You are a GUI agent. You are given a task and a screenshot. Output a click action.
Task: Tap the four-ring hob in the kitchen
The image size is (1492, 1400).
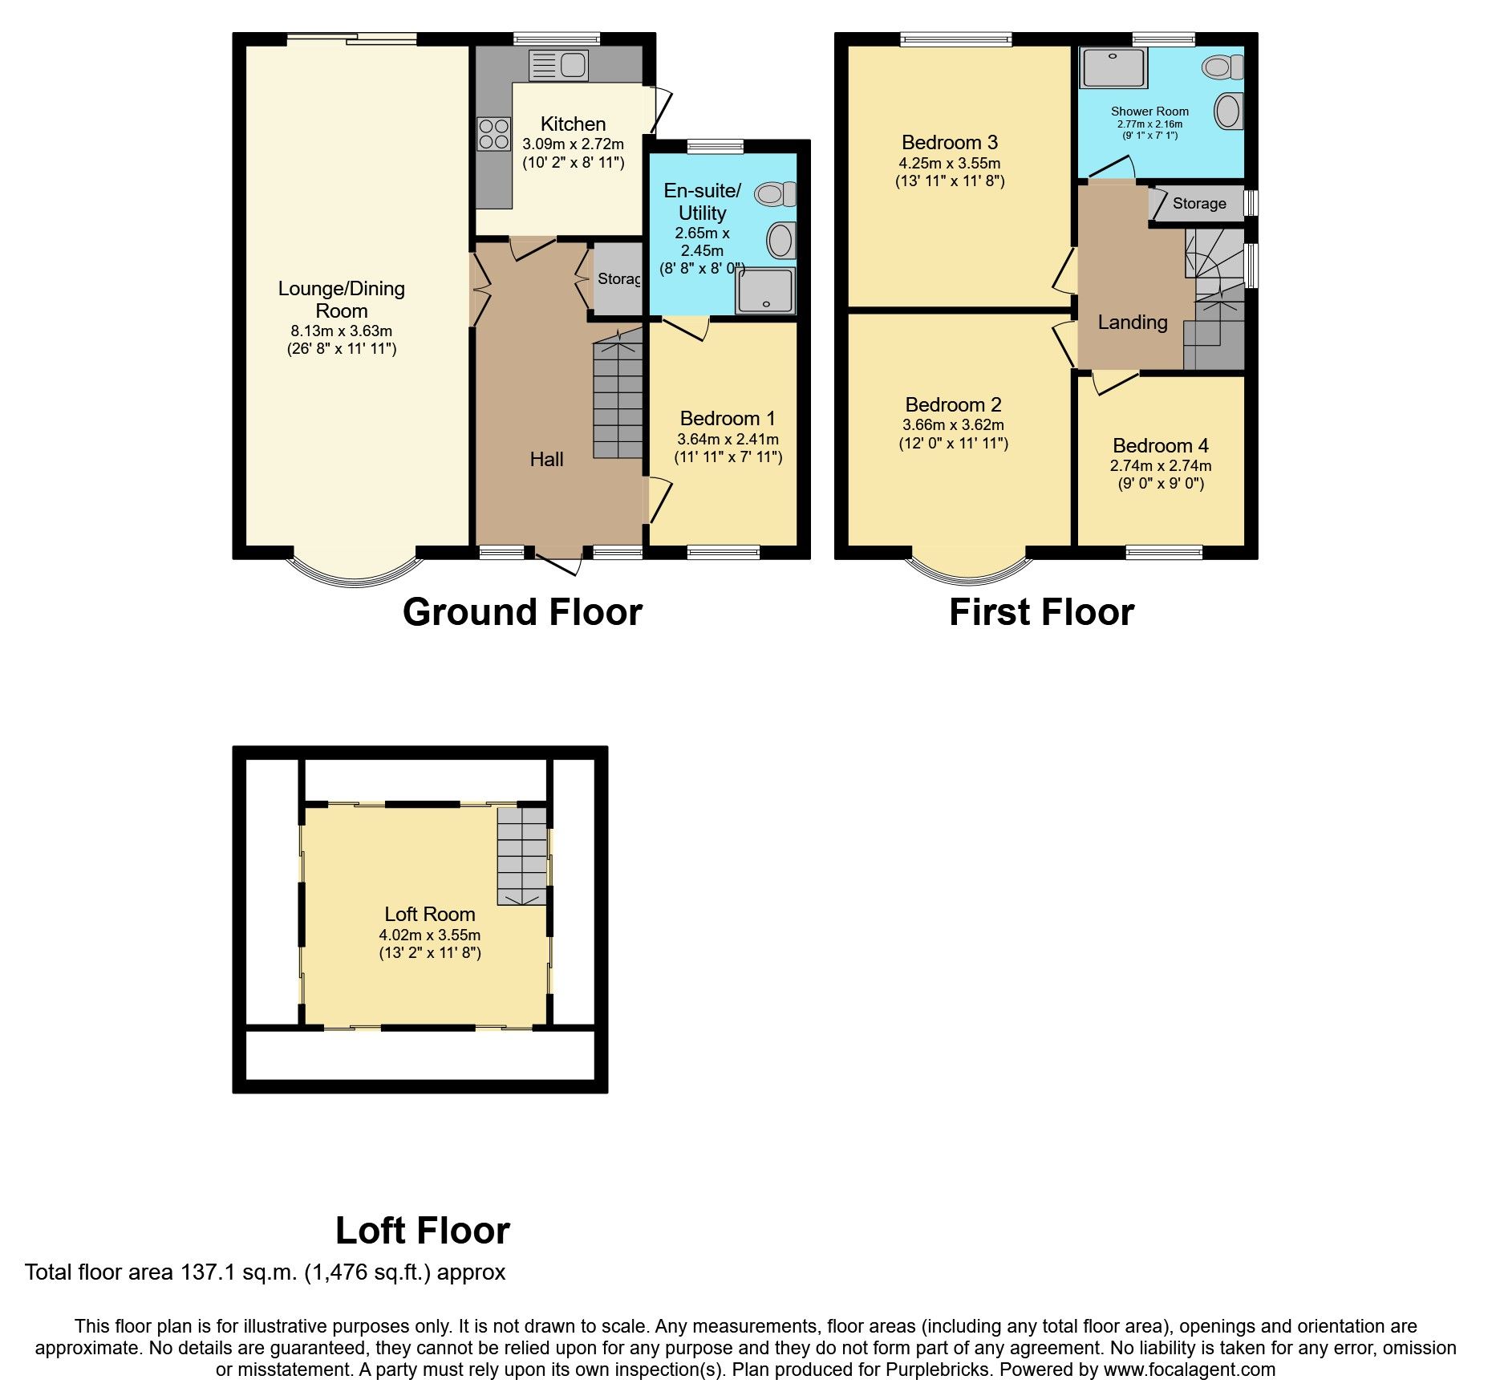(x=493, y=134)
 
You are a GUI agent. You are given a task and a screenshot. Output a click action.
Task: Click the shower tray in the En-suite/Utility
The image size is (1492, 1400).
(x=766, y=290)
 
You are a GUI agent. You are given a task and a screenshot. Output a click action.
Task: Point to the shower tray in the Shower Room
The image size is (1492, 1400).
(x=1113, y=68)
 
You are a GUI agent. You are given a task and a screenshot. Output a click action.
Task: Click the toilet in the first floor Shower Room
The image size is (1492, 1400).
(x=1222, y=67)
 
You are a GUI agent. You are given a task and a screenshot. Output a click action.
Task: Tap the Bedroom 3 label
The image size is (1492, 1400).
(x=950, y=143)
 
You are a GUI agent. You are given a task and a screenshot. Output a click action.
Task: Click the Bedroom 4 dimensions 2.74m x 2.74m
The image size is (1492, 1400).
(x=1161, y=466)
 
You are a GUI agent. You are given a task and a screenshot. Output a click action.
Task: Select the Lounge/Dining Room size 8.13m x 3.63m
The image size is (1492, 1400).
(x=342, y=331)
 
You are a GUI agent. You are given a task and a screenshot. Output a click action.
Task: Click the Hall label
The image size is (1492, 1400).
(x=546, y=459)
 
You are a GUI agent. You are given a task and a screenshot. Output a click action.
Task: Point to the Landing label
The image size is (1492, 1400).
(x=1132, y=323)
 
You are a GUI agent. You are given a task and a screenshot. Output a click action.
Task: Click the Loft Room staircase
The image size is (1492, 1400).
(x=522, y=856)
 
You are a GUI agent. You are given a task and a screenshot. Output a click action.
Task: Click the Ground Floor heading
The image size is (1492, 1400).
(x=522, y=612)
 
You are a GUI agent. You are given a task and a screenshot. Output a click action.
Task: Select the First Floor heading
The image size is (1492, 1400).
(x=1041, y=612)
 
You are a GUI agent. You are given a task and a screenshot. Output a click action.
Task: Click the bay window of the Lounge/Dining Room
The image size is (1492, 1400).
(x=354, y=576)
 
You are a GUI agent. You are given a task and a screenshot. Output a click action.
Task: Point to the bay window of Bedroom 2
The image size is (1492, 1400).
(x=969, y=570)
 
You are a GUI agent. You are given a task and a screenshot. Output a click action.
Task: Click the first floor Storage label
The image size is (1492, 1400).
(x=1199, y=204)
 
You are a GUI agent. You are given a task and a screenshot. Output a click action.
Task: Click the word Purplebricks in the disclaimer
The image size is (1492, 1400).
(x=938, y=1370)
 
